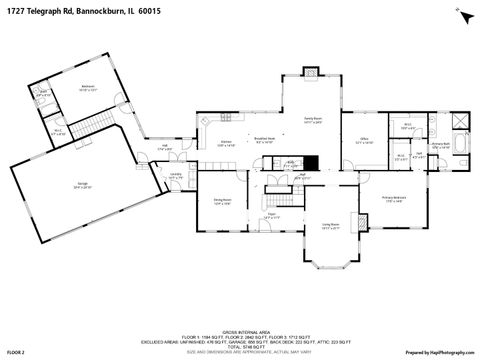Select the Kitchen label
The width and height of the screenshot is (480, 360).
pos(227,144)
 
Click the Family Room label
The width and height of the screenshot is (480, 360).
pos(314,119)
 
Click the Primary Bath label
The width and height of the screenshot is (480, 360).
pos(440,145)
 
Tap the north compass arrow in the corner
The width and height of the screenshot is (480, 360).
pos(463,16)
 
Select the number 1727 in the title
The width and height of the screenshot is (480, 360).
pos(16,10)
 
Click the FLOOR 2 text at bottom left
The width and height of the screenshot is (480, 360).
pos(15,352)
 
